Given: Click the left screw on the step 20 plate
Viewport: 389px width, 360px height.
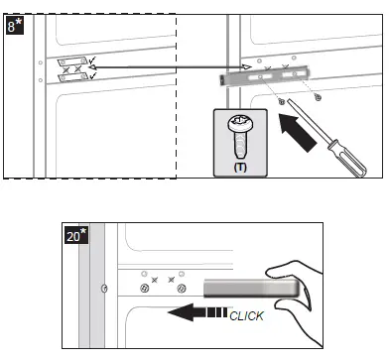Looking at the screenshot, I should point(145,289).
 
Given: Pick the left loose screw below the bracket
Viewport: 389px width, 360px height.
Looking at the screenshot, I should point(282,102).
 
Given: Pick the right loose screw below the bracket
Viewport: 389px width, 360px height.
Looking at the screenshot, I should point(317,96).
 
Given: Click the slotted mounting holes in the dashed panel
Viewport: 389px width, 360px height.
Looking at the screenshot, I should point(70,72).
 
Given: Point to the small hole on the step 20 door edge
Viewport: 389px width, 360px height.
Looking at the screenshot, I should point(103,290).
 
